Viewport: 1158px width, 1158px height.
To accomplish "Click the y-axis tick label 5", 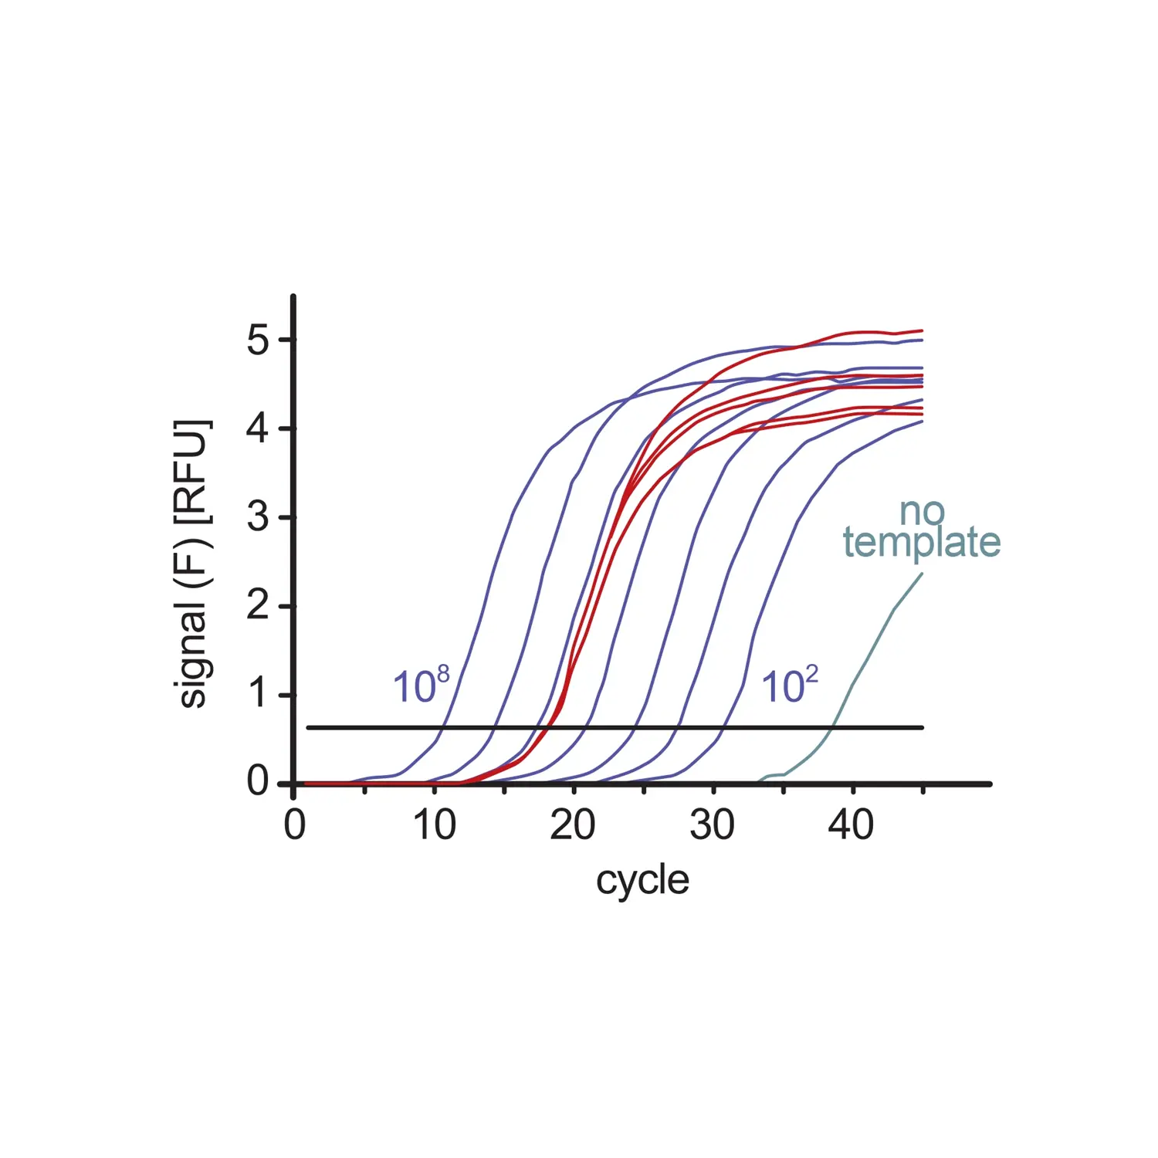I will (x=258, y=340).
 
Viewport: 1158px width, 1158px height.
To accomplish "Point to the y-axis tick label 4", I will (x=258, y=429).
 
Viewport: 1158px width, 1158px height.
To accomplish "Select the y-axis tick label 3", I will (x=258, y=517).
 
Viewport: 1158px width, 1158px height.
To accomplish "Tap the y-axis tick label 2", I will (x=258, y=606).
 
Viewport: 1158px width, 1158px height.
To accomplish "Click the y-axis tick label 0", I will (x=258, y=781).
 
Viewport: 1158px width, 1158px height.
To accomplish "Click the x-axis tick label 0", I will (x=294, y=825).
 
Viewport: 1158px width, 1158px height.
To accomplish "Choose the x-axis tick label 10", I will (x=434, y=825).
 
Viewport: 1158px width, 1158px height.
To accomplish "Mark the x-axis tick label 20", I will (x=573, y=825).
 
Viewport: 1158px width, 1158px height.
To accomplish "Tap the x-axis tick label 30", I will (x=712, y=825).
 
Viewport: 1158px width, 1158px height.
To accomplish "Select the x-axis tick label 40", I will (x=851, y=825).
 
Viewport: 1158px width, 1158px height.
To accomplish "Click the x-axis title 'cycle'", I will (x=642, y=881).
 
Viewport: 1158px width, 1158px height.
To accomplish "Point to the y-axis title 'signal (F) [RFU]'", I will (x=191, y=564).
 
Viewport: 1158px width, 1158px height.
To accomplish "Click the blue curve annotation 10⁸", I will (x=421, y=685).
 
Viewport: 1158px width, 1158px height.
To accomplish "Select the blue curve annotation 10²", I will (x=789, y=685).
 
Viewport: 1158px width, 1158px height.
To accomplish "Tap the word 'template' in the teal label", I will (x=921, y=542).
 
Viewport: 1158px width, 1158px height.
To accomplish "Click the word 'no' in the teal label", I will (x=922, y=511).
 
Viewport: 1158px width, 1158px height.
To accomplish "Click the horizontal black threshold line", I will (x=618, y=727).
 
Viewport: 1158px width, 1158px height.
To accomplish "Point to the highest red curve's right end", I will (x=922, y=330).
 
